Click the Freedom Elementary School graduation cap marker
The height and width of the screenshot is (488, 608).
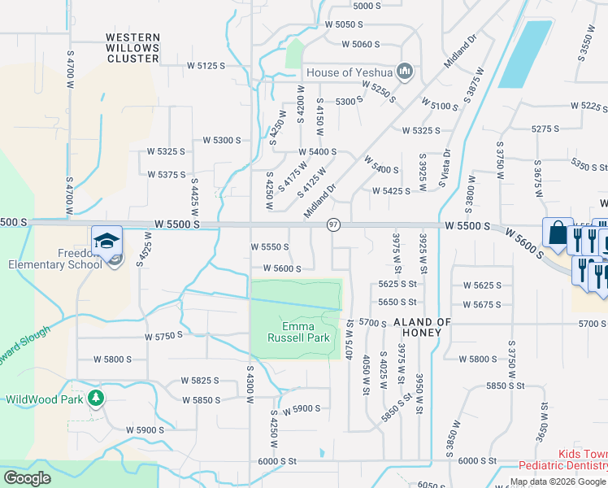(107, 240)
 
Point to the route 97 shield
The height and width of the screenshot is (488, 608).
(333, 224)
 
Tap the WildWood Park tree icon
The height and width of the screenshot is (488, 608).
(96, 398)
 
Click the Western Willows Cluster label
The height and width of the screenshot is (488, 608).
(132, 48)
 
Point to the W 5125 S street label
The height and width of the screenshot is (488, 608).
(206, 65)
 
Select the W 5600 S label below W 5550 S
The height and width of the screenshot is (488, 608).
(282, 268)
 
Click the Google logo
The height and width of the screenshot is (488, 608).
(27, 478)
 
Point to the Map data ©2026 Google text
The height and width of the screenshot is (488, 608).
(558, 482)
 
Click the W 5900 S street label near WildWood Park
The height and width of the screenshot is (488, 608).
(145, 430)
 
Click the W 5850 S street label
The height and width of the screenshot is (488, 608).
(202, 400)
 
